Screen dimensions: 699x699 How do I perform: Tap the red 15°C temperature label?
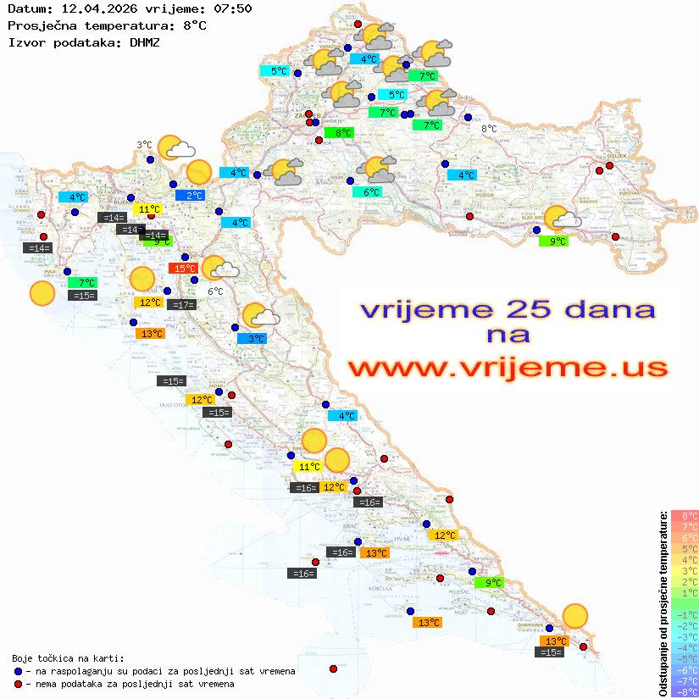[183, 269]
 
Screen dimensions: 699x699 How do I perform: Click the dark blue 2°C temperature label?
[194, 196]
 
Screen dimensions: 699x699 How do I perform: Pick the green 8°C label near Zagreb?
[342, 133]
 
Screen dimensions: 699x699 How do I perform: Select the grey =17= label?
[182, 305]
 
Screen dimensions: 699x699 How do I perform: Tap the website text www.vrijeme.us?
[508, 368]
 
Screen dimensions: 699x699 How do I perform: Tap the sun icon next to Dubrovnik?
[575, 616]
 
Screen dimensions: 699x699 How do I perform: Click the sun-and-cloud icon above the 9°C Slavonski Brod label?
[561, 219]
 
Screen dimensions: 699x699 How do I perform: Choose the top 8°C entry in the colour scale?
[685, 515]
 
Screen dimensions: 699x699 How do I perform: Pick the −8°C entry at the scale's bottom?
[685, 691]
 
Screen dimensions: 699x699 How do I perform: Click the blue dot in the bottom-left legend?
[18, 671]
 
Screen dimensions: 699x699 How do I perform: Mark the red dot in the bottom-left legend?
[18, 684]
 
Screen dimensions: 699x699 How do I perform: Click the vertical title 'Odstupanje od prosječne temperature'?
[663, 603]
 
